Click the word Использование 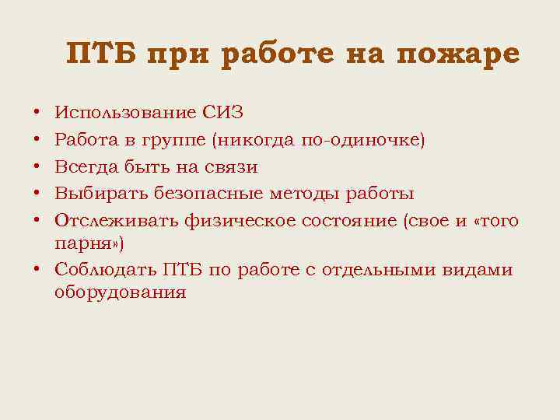pos(125,113)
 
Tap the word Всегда pos(86,167)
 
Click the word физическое pos(243,221)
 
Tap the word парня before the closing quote pos(82,244)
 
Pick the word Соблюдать pos(103,270)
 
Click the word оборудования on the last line pos(121,293)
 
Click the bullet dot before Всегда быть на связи pos(37,167)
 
